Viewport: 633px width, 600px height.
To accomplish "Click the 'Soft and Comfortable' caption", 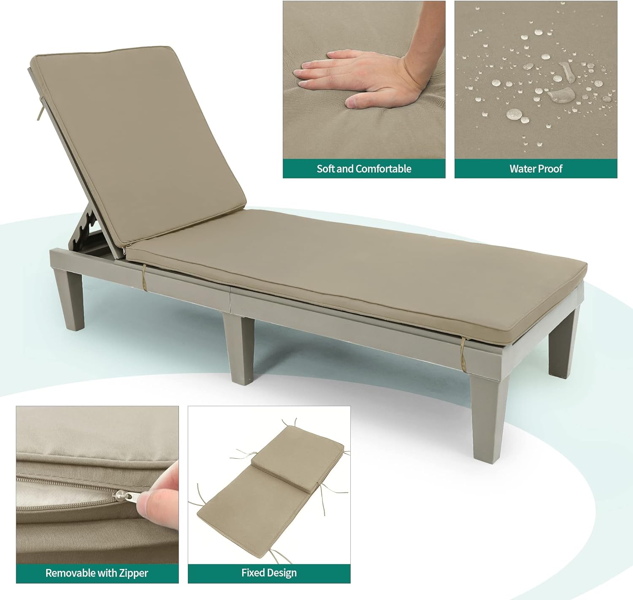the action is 364,169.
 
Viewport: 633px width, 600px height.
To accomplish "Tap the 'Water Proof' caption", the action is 536,169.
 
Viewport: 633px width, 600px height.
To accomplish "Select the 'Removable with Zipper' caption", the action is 97,573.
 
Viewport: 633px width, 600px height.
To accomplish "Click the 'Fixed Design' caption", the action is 269,573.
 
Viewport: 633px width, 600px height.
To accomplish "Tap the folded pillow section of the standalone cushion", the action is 298,458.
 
